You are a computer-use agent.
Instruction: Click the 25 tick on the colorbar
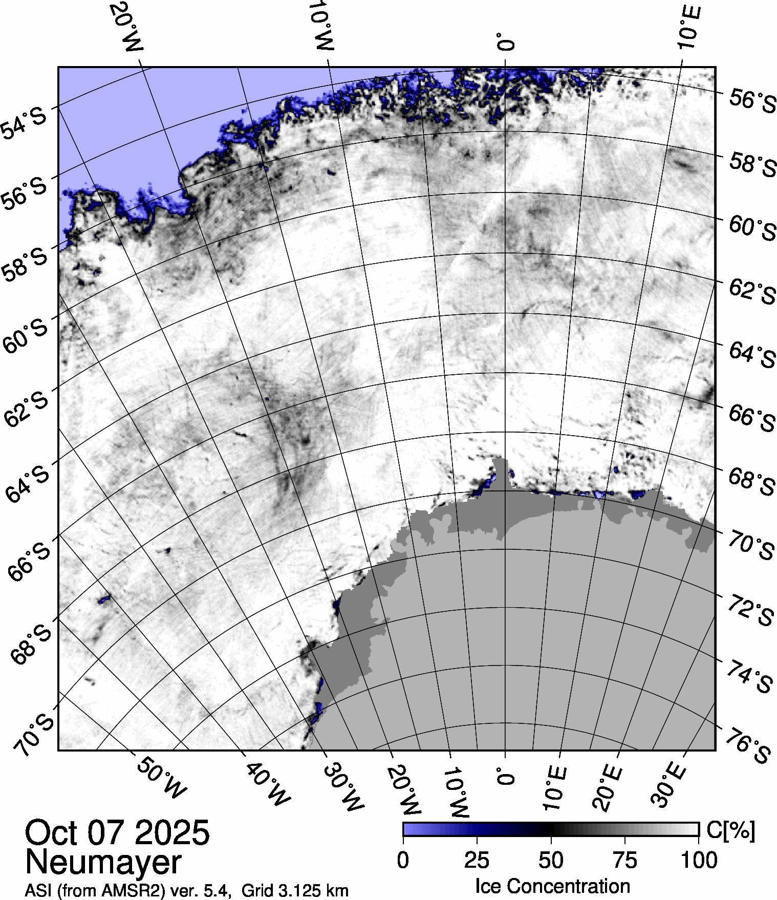(477, 860)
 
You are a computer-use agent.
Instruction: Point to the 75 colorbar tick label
(624, 860)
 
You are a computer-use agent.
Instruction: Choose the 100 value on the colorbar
(700, 860)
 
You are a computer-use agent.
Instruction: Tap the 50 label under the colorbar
(551, 860)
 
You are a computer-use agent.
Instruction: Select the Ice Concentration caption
(552, 886)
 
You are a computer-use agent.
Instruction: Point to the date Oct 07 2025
(117, 832)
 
